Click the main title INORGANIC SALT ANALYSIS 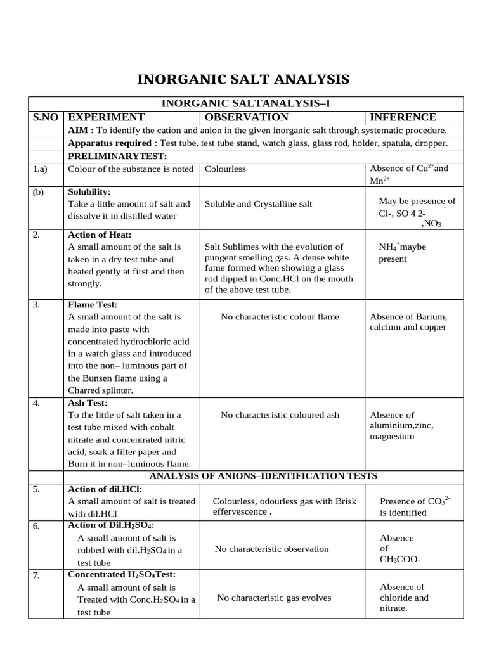coord(243,79)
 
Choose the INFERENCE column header coord(403,117)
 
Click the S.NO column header coord(47,117)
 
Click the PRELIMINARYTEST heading coord(117,156)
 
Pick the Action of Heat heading coord(99,235)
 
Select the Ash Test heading coord(88,402)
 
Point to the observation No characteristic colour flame coord(280,317)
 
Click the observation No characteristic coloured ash coord(280,415)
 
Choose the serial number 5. coord(36,489)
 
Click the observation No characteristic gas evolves coord(274,598)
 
